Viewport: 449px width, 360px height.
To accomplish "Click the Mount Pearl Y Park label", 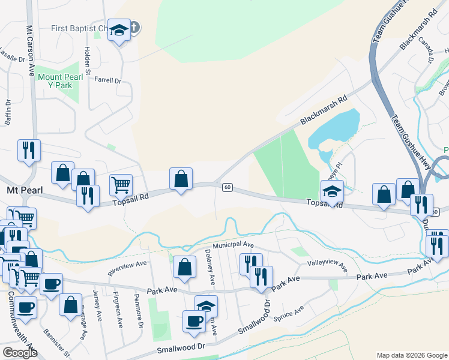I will click(55, 81).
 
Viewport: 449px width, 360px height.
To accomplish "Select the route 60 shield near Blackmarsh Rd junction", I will click(227, 188).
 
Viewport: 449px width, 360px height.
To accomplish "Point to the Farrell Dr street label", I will click(109, 80).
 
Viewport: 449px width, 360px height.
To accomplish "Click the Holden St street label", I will click(88, 61).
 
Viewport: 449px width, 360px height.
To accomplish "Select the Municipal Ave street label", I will click(234, 245).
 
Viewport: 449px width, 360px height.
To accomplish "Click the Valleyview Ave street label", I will click(327, 266).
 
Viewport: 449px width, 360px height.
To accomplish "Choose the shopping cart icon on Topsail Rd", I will click(121, 185).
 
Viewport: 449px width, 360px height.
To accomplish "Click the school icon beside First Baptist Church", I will click(119, 31).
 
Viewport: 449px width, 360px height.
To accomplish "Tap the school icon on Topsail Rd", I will click(332, 191).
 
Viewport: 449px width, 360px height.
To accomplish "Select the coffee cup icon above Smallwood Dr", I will click(194, 321).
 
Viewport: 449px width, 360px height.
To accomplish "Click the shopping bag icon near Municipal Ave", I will click(185, 267).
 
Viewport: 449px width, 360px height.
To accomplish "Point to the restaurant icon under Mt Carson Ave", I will click(28, 151).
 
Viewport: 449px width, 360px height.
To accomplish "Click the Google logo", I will click(19, 353).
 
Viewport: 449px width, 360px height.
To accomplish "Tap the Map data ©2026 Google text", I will click(411, 355).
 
